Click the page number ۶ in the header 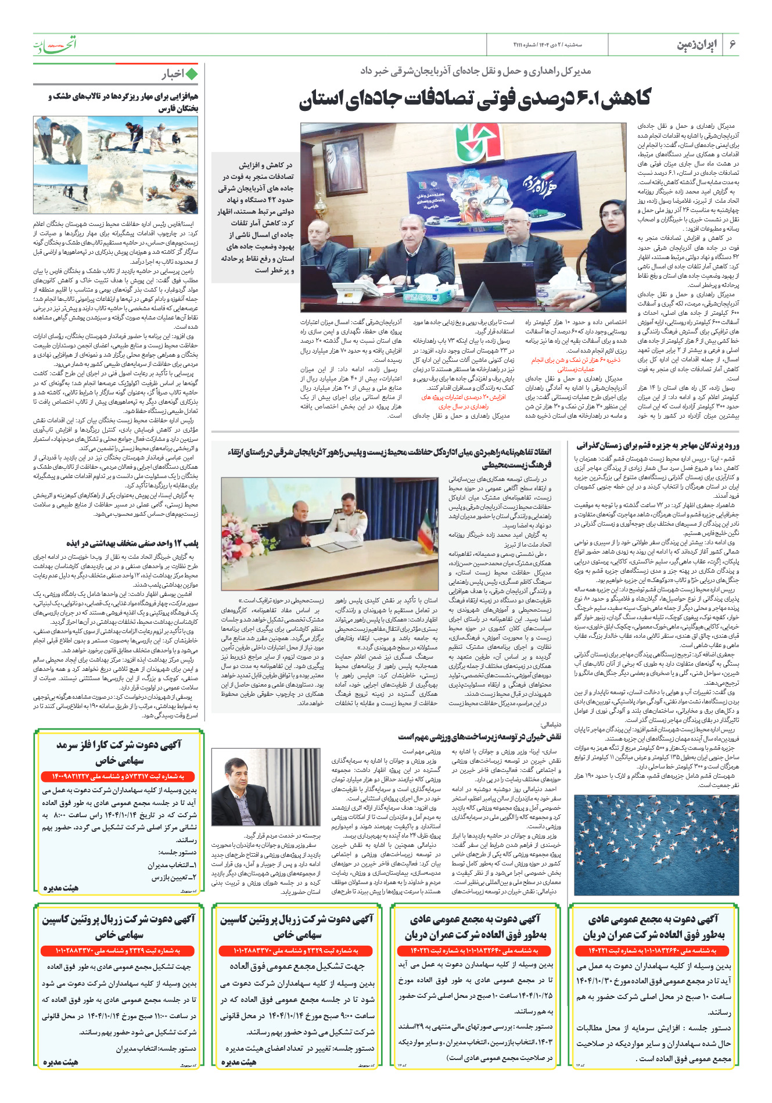732,44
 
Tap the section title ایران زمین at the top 696,45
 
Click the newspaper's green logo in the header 54,44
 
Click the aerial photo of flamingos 656,845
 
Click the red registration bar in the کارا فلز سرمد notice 119,777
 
